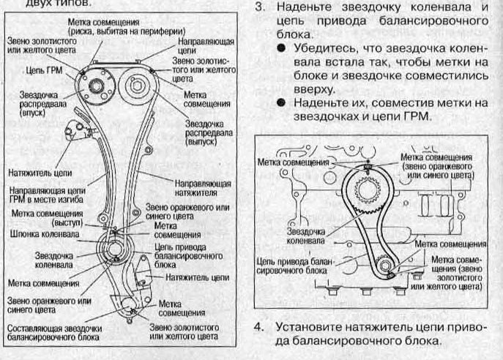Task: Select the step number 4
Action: [x=258, y=326]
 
